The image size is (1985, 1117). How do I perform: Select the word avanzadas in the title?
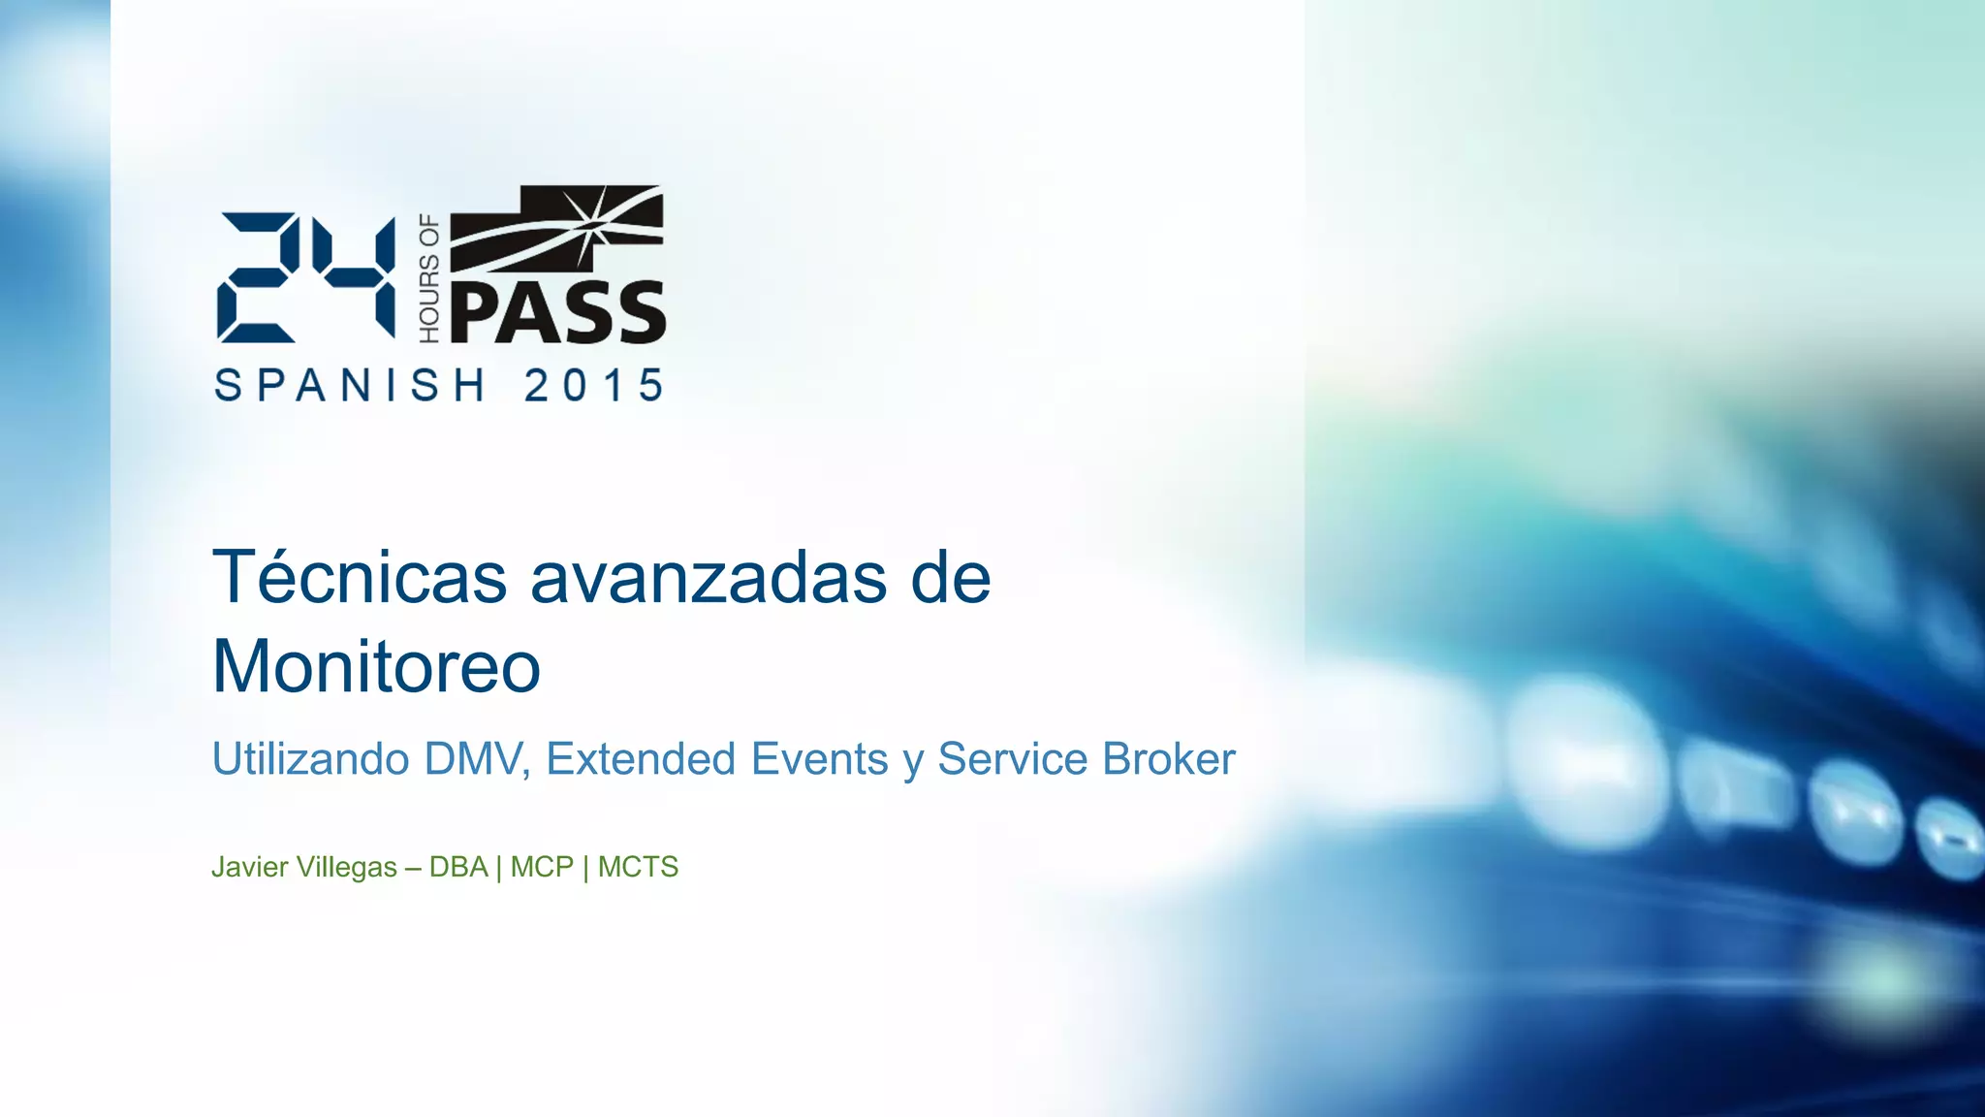click(x=708, y=578)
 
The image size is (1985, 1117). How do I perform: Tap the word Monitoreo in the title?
click(x=376, y=667)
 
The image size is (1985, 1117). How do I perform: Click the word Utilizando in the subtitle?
click(x=310, y=759)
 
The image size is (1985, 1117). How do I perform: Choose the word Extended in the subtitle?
click(x=642, y=759)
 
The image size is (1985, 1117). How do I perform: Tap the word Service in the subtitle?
click(x=1012, y=759)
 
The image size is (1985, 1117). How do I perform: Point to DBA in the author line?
click(x=458, y=867)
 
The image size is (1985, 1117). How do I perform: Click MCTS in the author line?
click(x=638, y=867)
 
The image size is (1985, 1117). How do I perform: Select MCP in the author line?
click(x=542, y=867)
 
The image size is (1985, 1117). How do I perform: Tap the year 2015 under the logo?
click(x=594, y=386)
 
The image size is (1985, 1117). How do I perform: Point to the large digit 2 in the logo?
click(x=257, y=277)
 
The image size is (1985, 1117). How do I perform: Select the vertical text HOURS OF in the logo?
click(x=428, y=279)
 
